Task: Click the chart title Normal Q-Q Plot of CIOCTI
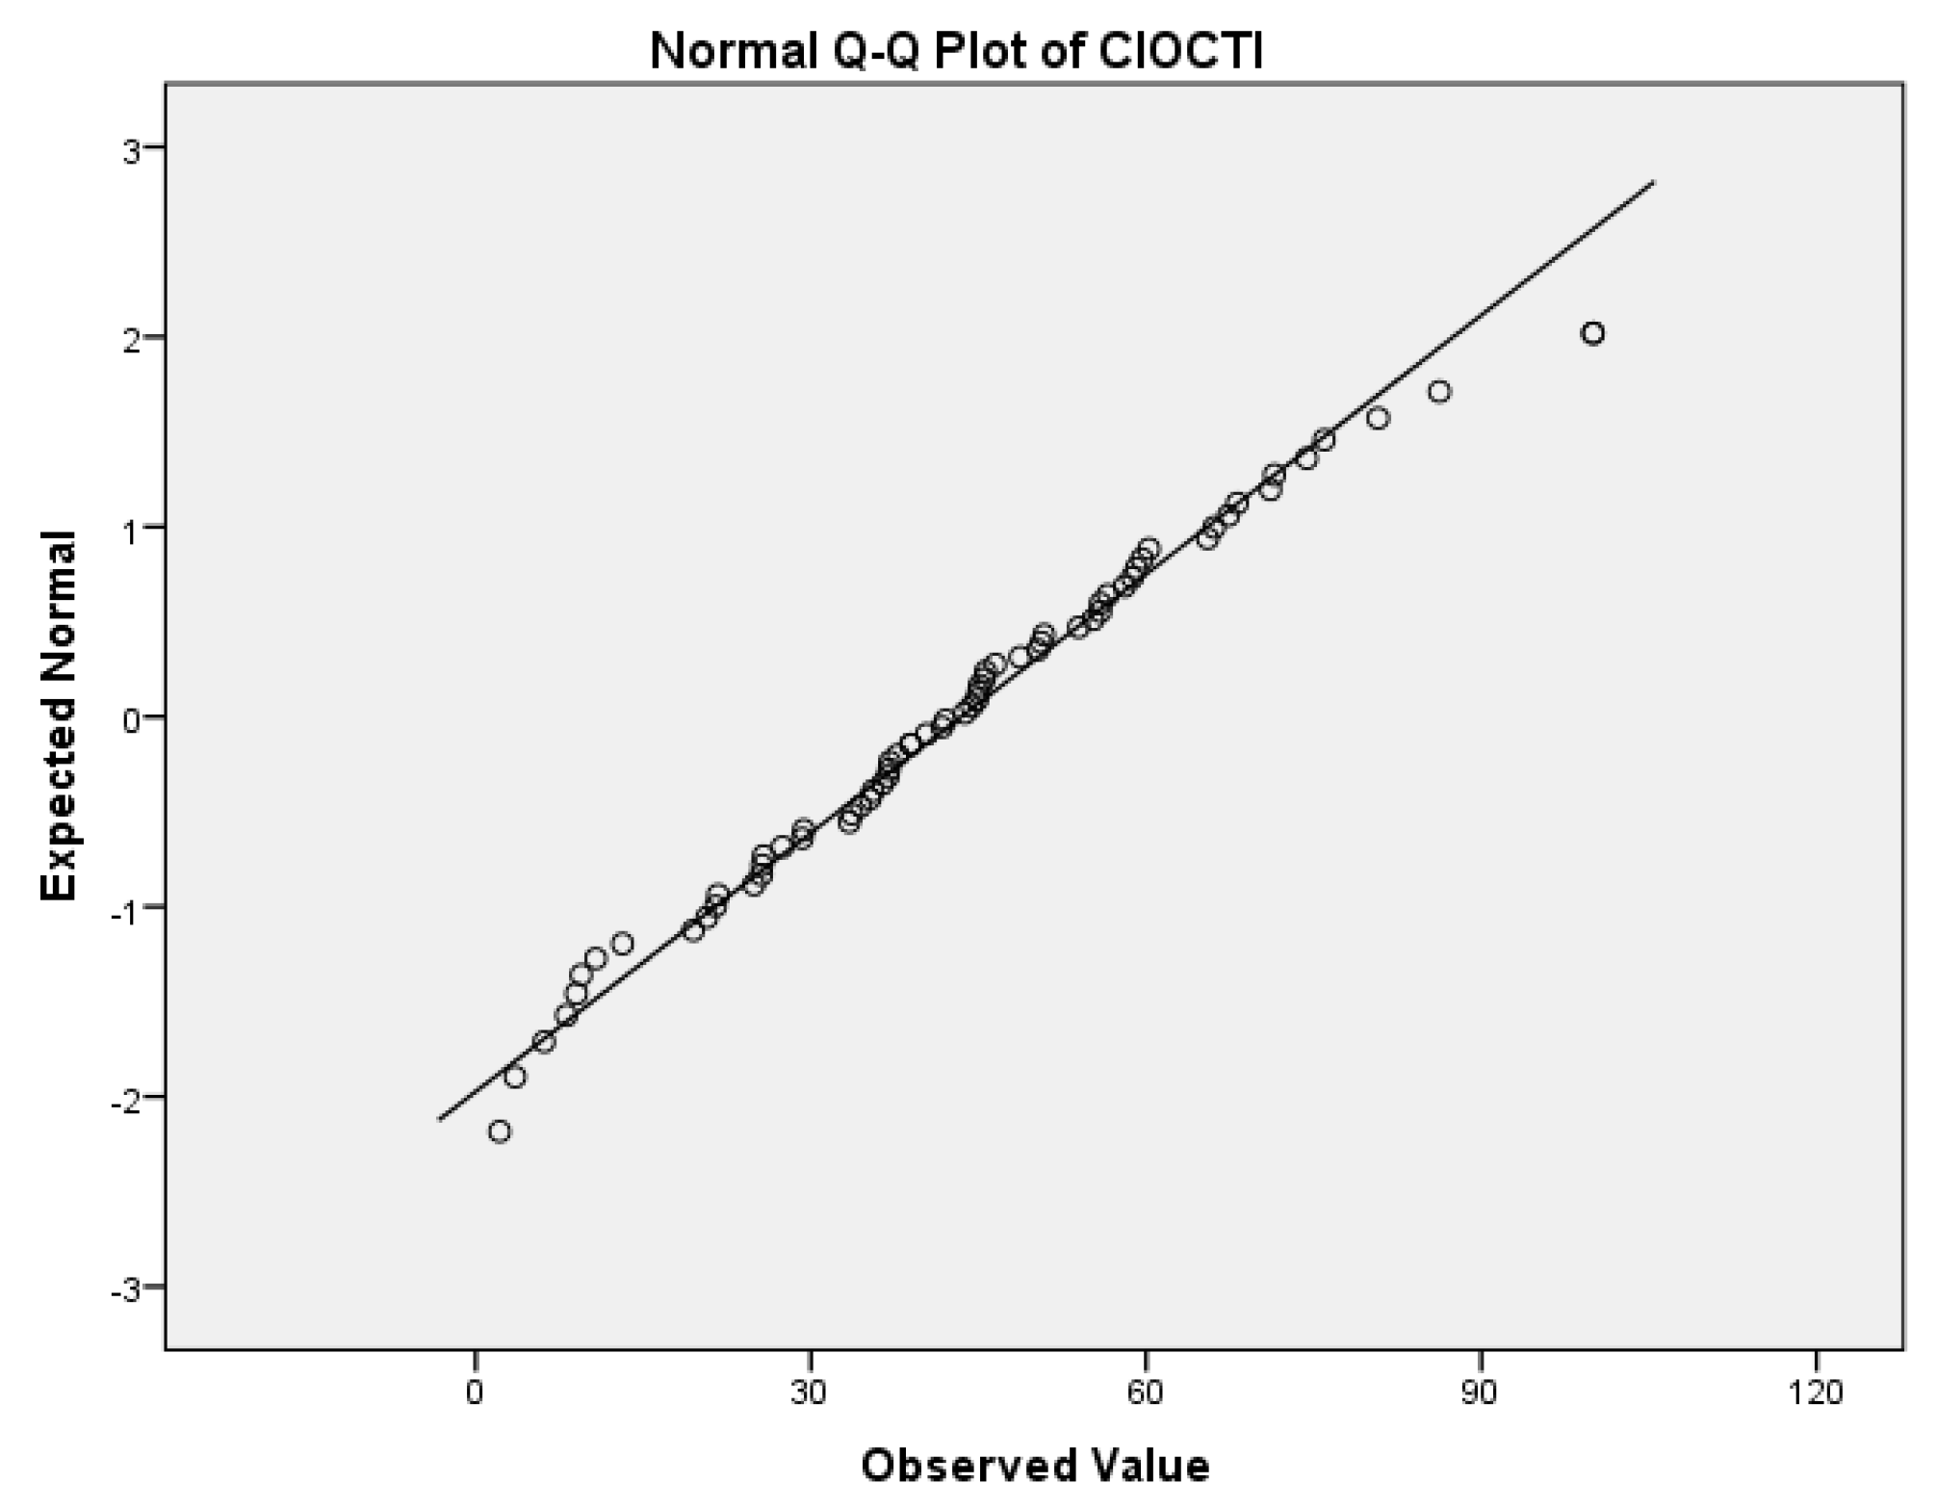(x=956, y=51)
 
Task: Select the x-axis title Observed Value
(x=1035, y=1465)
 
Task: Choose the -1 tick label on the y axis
(x=124, y=907)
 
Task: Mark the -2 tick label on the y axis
(x=124, y=1097)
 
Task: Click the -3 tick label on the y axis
(x=124, y=1288)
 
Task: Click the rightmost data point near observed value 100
(x=1593, y=333)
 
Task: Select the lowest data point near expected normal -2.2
(x=500, y=1132)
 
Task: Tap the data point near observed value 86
(x=1439, y=392)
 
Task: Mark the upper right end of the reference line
(x=1654, y=181)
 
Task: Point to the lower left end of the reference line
(x=439, y=1119)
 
